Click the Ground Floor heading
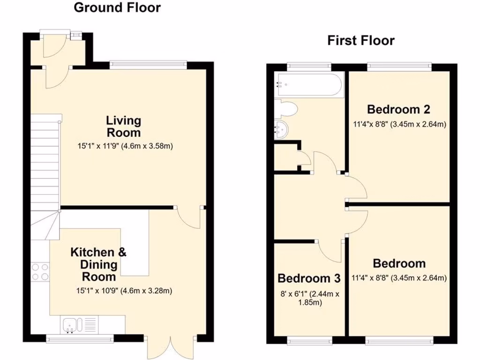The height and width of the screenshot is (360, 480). click(117, 8)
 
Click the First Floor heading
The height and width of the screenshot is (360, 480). click(360, 41)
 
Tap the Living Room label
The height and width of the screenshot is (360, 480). click(123, 126)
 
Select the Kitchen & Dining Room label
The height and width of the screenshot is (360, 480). click(98, 265)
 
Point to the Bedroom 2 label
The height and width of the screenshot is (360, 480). click(398, 110)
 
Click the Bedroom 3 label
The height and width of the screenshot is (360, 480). click(309, 278)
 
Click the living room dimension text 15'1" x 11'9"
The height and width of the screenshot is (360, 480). click(126, 146)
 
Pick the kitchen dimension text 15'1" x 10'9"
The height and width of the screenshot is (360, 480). click(125, 291)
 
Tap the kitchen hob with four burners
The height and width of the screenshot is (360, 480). click(40, 271)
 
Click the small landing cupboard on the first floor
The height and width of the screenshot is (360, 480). click(286, 157)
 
